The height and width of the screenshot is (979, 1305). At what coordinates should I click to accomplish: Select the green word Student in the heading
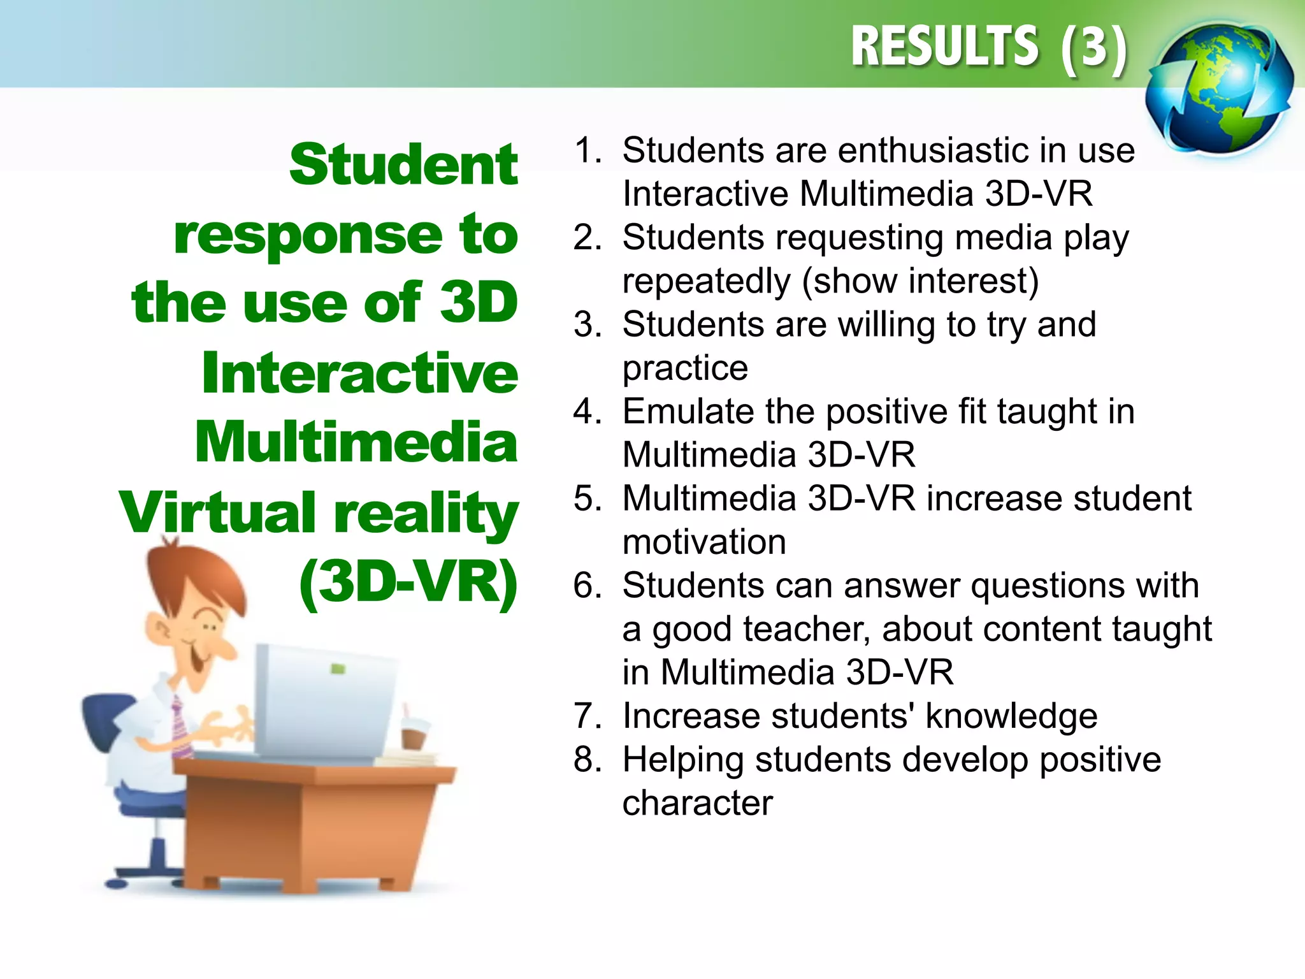(403, 165)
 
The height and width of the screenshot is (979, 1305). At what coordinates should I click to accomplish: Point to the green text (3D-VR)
(408, 581)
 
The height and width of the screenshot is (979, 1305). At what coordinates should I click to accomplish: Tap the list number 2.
(586, 238)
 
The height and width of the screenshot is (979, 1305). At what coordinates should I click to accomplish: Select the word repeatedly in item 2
(706, 282)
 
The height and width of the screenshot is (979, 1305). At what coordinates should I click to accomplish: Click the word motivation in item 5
(704, 542)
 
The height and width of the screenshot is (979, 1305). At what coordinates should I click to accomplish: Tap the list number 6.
(586, 586)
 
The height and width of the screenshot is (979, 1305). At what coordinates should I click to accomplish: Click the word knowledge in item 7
(1011, 716)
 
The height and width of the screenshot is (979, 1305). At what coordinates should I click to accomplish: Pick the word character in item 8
(697, 803)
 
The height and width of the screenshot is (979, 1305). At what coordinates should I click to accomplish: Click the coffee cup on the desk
(414, 733)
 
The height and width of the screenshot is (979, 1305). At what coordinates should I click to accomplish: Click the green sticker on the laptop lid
(338, 669)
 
